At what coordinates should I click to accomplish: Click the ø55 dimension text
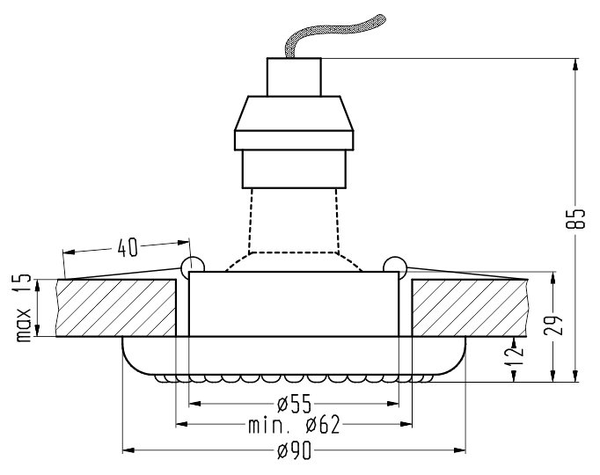pos(293,405)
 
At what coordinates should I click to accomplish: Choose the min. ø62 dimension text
pos(293,427)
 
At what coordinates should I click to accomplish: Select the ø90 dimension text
pos(293,450)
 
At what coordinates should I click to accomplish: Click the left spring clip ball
pos(191,265)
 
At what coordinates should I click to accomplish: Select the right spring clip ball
pos(395,265)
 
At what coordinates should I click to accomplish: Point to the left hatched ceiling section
pos(114,308)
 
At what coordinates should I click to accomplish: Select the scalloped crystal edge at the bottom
pos(293,379)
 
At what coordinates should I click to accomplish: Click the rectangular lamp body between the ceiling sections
pos(293,304)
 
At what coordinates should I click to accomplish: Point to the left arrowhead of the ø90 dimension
pos(127,450)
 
